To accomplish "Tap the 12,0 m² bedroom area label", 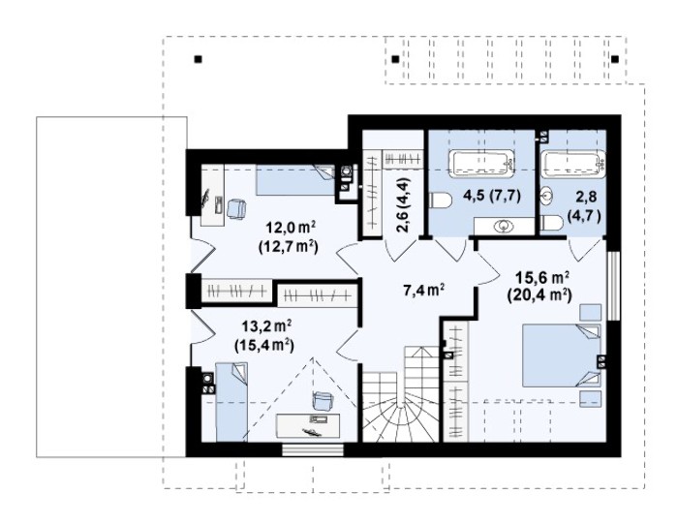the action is pyautogui.click(x=289, y=237).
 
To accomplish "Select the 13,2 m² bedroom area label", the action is pyautogui.click(x=264, y=335).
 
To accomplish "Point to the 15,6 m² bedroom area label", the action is pyautogui.click(x=540, y=287).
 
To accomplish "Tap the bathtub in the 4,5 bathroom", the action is pyautogui.click(x=481, y=164).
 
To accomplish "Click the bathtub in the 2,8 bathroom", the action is pyautogui.click(x=573, y=164).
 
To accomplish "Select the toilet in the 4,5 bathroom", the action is pyautogui.click(x=440, y=201).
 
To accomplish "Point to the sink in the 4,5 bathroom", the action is pyautogui.click(x=505, y=226).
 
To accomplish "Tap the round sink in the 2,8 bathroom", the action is pyautogui.click(x=546, y=197).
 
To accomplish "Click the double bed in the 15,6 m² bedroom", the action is pyautogui.click(x=562, y=355).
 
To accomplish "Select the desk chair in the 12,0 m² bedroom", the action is pyautogui.click(x=236, y=209).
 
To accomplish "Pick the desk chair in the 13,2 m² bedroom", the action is pyautogui.click(x=323, y=400).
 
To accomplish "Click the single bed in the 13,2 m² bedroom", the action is pyautogui.click(x=231, y=402).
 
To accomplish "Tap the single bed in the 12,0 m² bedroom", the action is pyautogui.click(x=295, y=180).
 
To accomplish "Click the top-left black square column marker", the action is pyautogui.click(x=198, y=59).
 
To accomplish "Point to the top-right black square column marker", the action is pyautogui.click(x=615, y=59).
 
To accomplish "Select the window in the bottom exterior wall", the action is pyautogui.click(x=313, y=450).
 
